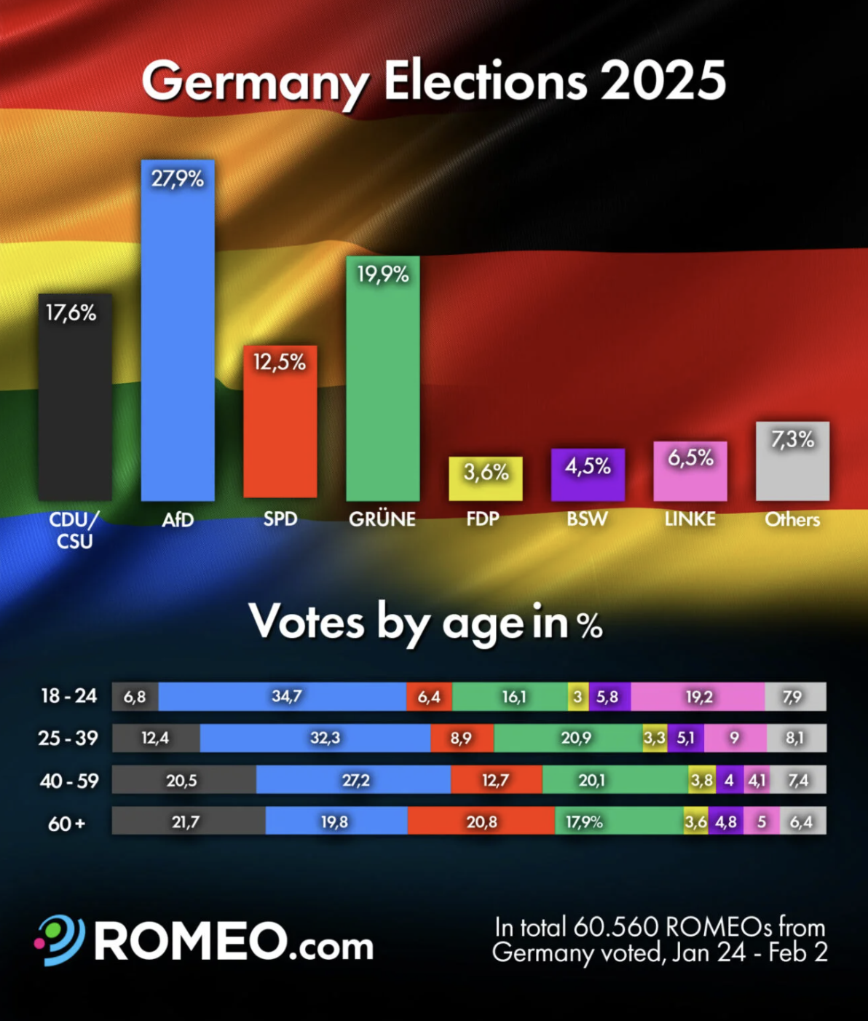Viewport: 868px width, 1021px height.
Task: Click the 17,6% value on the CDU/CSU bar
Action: click(71, 313)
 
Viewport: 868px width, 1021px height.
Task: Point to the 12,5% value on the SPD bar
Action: click(280, 362)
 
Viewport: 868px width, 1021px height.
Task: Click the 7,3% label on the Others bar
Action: click(792, 439)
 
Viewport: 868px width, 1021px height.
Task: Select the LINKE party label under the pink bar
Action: click(690, 519)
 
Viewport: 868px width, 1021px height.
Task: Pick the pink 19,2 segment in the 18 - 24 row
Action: click(698, 697)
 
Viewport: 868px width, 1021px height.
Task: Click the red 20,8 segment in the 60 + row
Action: click(481, 822)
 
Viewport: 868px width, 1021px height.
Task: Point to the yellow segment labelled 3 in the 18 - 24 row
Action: click(578, 697)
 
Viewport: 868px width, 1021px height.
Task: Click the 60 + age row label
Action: click(66, 824)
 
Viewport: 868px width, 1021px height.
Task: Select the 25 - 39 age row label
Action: click(68, 738)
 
